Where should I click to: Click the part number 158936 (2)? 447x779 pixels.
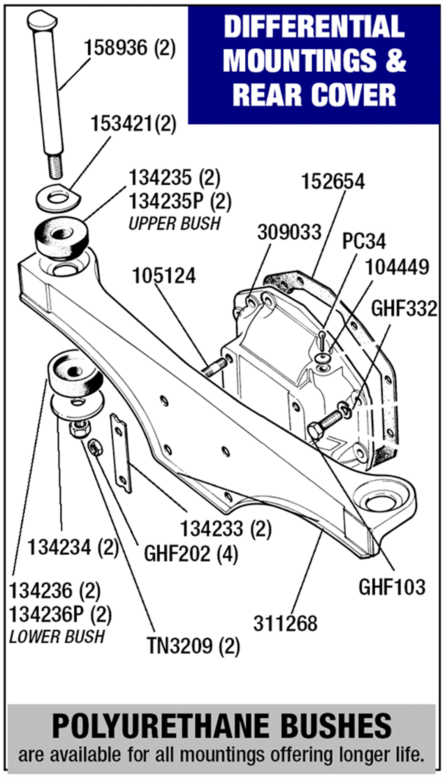pyautogui.click(x=130, y=48)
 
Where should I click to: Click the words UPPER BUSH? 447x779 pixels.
pyautogui.click(x=174, y=224)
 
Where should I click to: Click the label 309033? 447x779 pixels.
pyautogui.click(x=289, y=233)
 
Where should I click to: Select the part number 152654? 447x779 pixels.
pyautogui.click(x=333, y=182)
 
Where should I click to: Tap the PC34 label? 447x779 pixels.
pyautogui.click(x=364, y=241)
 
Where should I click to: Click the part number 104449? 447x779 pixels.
pyautogui.click(x=397, y=268)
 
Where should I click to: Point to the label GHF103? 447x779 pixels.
pyautogui.click(x=392, y=587)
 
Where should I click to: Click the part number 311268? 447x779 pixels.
pyautogui.click(x=285, y=624)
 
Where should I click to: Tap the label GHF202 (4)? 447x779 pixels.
pyautogui.click(x=191, y=553)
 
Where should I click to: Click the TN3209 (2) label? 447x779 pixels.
pyautogui.click(x=193, y=646)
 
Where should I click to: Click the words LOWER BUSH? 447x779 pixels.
pyautogui.click(x=57, y=637)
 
